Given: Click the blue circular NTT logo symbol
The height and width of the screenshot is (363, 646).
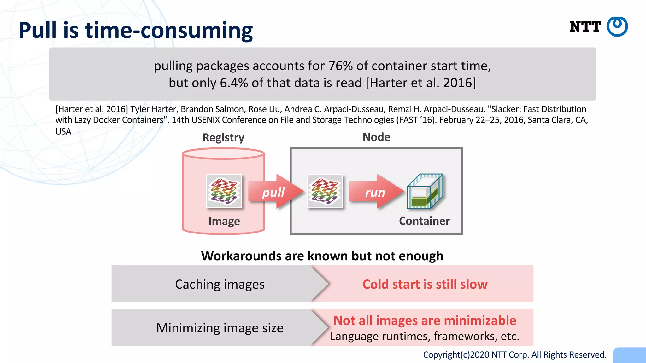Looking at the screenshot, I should coord(617,26).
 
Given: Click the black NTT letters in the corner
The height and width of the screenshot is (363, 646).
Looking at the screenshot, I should coord(585,27).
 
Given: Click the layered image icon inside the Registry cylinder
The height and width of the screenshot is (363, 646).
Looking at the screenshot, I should coord(224,191).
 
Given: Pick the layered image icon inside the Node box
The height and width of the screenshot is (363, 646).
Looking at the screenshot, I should coord(325,191).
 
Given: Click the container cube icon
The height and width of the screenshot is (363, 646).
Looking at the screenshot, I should coord(425,191).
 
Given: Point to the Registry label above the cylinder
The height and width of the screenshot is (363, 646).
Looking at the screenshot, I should coord(223,138).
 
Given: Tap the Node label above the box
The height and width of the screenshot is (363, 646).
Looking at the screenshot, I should coord(376,137).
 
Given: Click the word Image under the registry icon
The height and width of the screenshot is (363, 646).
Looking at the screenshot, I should coord(224,221).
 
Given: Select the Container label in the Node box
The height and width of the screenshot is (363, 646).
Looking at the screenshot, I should coord(424,221).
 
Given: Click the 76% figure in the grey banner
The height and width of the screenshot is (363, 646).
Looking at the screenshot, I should coord(340,66).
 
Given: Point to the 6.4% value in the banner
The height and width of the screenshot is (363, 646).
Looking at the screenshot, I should coord(234,83).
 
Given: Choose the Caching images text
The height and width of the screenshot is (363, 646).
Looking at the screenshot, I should coord(220,284).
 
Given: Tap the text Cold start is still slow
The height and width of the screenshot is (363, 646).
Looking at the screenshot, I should coord(425,284).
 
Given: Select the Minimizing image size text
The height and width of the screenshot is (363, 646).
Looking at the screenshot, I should coord(220,328).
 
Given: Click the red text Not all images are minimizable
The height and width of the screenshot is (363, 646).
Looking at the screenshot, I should coord(425,320).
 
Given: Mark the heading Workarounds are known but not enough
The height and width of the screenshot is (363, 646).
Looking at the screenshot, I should coord(322,256).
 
